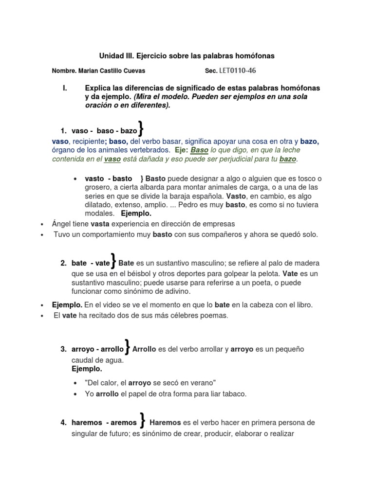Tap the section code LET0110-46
(238, 71)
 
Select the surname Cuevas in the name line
(133, 71)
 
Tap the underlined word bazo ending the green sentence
(288, 159)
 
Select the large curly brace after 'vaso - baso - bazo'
(141, 129)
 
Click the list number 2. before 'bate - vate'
(63, 263)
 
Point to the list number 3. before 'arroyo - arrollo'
(63, 349)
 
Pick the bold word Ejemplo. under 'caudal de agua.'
(87, 369)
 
